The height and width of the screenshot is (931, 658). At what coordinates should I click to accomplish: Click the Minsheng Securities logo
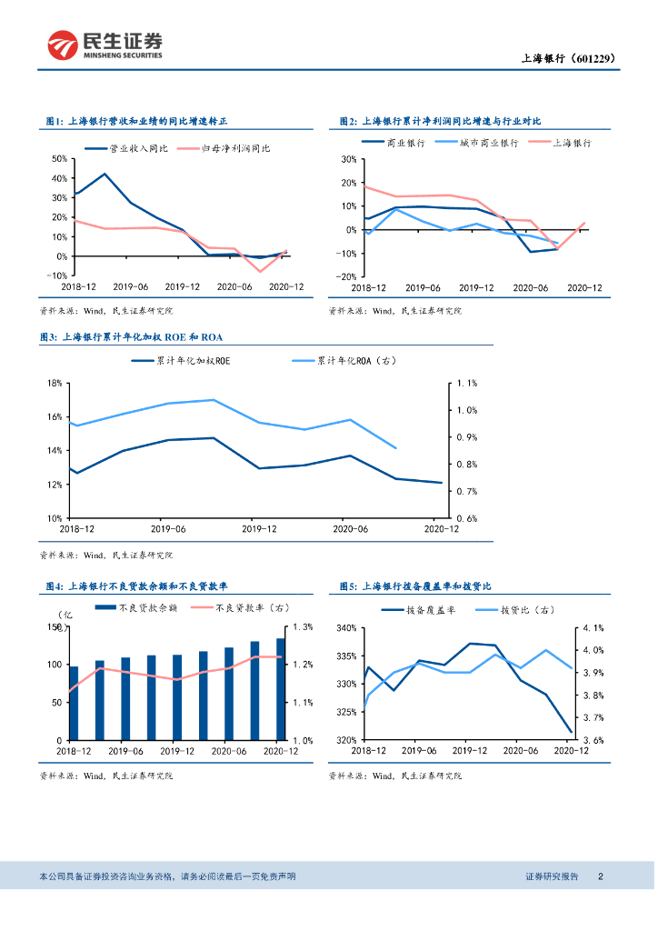point(105,45)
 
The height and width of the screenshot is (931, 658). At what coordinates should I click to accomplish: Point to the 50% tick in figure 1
point(58,158)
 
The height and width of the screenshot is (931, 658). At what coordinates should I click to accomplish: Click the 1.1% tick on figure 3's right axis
point(466,383)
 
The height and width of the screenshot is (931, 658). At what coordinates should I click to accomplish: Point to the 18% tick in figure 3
point(54,383)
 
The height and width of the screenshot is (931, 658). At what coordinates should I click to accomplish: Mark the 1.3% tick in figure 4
point(304,627)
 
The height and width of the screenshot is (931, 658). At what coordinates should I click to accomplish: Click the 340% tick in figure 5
point(346,627)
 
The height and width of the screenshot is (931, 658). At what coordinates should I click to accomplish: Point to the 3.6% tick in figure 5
point(593,740)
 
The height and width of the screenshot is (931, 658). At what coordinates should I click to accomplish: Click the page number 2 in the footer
point(601,876)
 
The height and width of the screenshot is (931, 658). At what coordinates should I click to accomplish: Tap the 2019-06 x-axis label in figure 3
point(167,528)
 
